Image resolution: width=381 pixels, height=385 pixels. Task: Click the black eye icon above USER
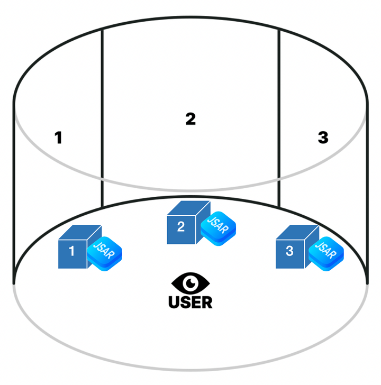(190, 283)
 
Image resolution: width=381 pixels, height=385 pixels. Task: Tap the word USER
(190, 302)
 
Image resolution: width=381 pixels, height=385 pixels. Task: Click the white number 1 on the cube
(72, 251)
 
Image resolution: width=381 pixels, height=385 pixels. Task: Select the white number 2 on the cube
(181, 226)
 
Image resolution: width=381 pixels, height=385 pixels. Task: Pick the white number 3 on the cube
(289, 251)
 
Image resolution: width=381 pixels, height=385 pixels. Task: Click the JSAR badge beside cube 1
(104, 254)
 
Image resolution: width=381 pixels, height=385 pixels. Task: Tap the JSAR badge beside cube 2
(218, 228)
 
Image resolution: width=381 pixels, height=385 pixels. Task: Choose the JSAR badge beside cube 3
(326, 254)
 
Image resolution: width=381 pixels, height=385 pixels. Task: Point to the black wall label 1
(58, 137)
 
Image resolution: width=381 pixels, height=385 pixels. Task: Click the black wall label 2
(190, 119)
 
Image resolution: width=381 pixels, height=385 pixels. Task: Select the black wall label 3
(323, 137)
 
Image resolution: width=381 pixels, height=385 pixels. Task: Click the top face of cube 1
(80, 232)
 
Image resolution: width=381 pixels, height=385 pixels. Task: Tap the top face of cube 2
(189, 208)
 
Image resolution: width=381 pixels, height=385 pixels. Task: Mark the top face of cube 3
(297, 232)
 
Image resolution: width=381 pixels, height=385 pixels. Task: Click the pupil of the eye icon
(190, 283)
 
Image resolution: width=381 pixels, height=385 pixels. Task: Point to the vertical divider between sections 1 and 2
(102, 118)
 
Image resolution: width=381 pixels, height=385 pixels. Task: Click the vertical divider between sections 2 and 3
(279, 118)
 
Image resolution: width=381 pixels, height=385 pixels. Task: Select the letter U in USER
(174, 302)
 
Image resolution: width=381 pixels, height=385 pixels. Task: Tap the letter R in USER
(207, 302)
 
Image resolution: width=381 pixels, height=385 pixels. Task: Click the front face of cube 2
(182, 230)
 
